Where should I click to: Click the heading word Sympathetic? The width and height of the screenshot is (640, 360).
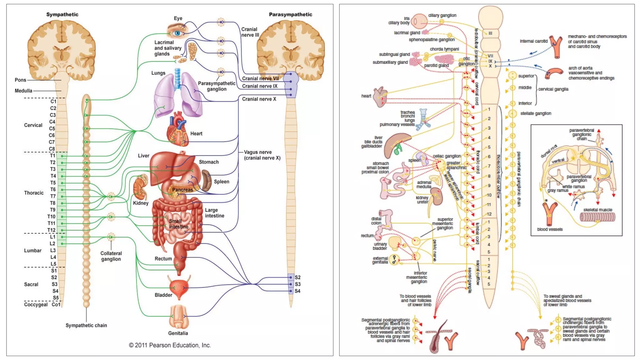(x=62, y=14)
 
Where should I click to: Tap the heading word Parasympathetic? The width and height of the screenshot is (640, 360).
(x=290, y=14)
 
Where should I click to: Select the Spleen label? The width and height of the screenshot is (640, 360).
(x=221, y=182)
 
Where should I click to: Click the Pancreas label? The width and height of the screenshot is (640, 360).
(x=182, y=190)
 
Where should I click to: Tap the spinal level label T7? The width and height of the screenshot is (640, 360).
(x=53, y=196)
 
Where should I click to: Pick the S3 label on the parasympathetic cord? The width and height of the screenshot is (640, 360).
(x=297, y=284)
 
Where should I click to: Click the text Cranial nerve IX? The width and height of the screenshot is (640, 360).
(x=259, y=86)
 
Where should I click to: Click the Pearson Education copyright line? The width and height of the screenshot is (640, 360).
(x=170, y=345)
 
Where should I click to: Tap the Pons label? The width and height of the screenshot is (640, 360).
(x=20, y=80)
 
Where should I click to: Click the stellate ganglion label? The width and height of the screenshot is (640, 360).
(x=535, y=113)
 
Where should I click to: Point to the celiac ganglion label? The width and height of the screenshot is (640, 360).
(x=446, y=156)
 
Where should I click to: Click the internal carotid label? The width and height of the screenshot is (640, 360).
(x=533, y=41)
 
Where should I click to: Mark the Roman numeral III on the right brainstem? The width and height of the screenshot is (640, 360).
(x=490, y=33)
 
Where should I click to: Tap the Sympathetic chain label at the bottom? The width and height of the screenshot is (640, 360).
(x=86, y=325)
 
